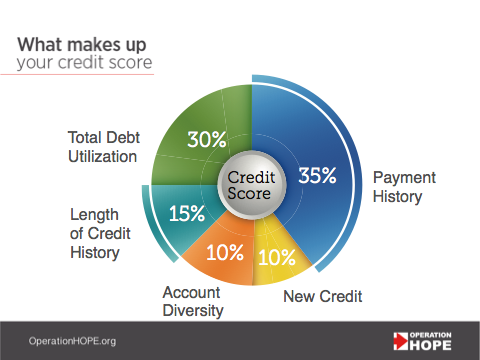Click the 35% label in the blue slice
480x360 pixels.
tap(317, 176)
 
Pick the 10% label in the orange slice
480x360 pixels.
tap(224, 251)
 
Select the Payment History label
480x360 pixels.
tap(398, 187)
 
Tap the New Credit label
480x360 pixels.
tap(323, 296)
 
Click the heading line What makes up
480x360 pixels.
tap(79, 45)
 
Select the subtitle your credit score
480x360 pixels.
tap(84, 64)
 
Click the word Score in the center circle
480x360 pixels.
tap(250, 194)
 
